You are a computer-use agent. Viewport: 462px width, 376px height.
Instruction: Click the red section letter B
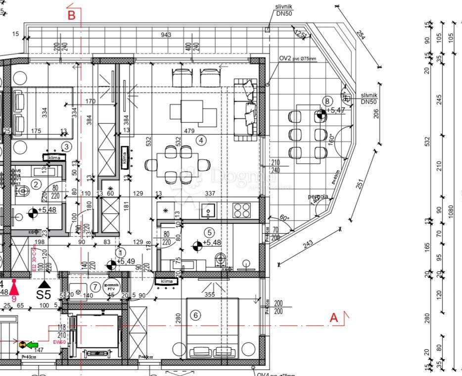(x=72, y=15)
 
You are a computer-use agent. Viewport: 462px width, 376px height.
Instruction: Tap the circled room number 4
(x=201, y=140)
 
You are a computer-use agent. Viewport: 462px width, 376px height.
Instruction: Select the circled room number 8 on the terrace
(x=327, y=102)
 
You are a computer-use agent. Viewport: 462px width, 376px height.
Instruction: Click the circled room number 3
(x=67, y=147)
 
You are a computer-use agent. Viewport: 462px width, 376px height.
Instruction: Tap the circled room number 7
(x=95, y=287)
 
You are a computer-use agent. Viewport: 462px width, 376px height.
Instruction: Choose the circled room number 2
(x=36, y=185)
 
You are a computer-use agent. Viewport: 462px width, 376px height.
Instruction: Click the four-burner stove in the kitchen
(x=242, y=210)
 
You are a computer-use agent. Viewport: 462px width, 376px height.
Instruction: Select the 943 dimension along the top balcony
(x=166, y=35)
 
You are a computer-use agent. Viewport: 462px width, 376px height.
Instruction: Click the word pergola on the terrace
(x=318, y=197)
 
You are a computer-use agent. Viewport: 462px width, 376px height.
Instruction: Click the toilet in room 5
(x=221, y=259)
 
